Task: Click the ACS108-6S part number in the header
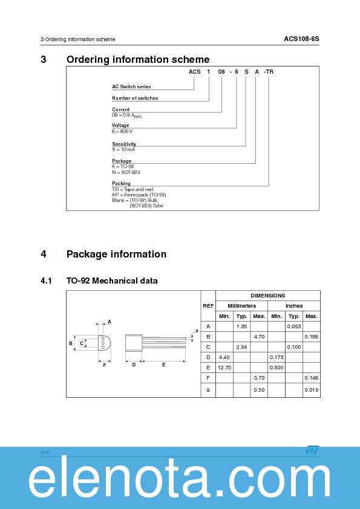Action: click(x=301, y=39)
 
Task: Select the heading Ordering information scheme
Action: click(x=138, y=59)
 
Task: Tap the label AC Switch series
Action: click(x=131, y=86)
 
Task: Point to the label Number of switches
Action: click(x=135, y=98)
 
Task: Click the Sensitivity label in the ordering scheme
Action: click(x=124, y=144)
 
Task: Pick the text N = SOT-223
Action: click(x=126, y=172)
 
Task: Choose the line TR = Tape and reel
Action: click(x=133, y=189)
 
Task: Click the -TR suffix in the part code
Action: click(x=269, y=71)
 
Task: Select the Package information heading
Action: click(x=116, y=254)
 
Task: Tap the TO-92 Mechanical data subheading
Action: click(x=112, y=280)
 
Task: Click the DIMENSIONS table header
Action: click(x=267, y=296)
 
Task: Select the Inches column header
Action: click(x=294, y=306)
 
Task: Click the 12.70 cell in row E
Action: click(x=224, y=367)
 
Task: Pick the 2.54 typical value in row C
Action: click(x=241, y=346)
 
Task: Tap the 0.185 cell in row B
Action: click(x=311, y=336)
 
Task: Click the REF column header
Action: click(x=208, y=306)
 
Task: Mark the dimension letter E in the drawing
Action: click(x=163, y=365)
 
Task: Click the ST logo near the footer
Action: click(x=312, y=450)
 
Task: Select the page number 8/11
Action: click(x=46, y=452)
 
